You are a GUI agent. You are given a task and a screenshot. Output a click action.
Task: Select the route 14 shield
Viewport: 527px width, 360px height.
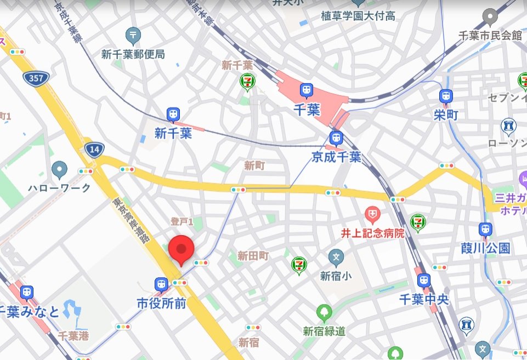94,148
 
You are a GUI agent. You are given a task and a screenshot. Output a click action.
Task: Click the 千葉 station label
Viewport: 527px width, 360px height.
305,109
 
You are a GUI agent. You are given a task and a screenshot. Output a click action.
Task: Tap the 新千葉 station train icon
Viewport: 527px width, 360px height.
173,115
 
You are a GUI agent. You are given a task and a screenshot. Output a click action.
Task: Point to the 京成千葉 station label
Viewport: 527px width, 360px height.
336,157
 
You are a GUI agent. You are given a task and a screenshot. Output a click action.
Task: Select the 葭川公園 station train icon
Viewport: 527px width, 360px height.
485,230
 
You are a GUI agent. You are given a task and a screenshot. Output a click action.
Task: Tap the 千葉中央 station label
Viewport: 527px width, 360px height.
424,300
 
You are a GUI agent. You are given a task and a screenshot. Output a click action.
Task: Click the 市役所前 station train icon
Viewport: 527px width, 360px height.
161,284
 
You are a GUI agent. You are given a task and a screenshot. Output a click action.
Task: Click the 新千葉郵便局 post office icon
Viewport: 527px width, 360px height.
133,36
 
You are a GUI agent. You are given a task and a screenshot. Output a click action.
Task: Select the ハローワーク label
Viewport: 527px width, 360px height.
59,187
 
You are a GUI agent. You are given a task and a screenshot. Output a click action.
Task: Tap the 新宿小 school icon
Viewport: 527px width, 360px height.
336,256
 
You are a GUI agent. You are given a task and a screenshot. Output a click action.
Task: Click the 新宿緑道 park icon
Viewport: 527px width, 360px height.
324,313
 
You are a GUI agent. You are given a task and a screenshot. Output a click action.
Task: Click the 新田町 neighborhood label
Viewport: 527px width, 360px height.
253,255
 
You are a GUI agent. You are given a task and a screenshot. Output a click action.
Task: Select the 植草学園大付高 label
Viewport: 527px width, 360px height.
358,16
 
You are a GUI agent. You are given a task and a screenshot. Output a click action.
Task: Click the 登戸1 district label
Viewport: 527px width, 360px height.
182,222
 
